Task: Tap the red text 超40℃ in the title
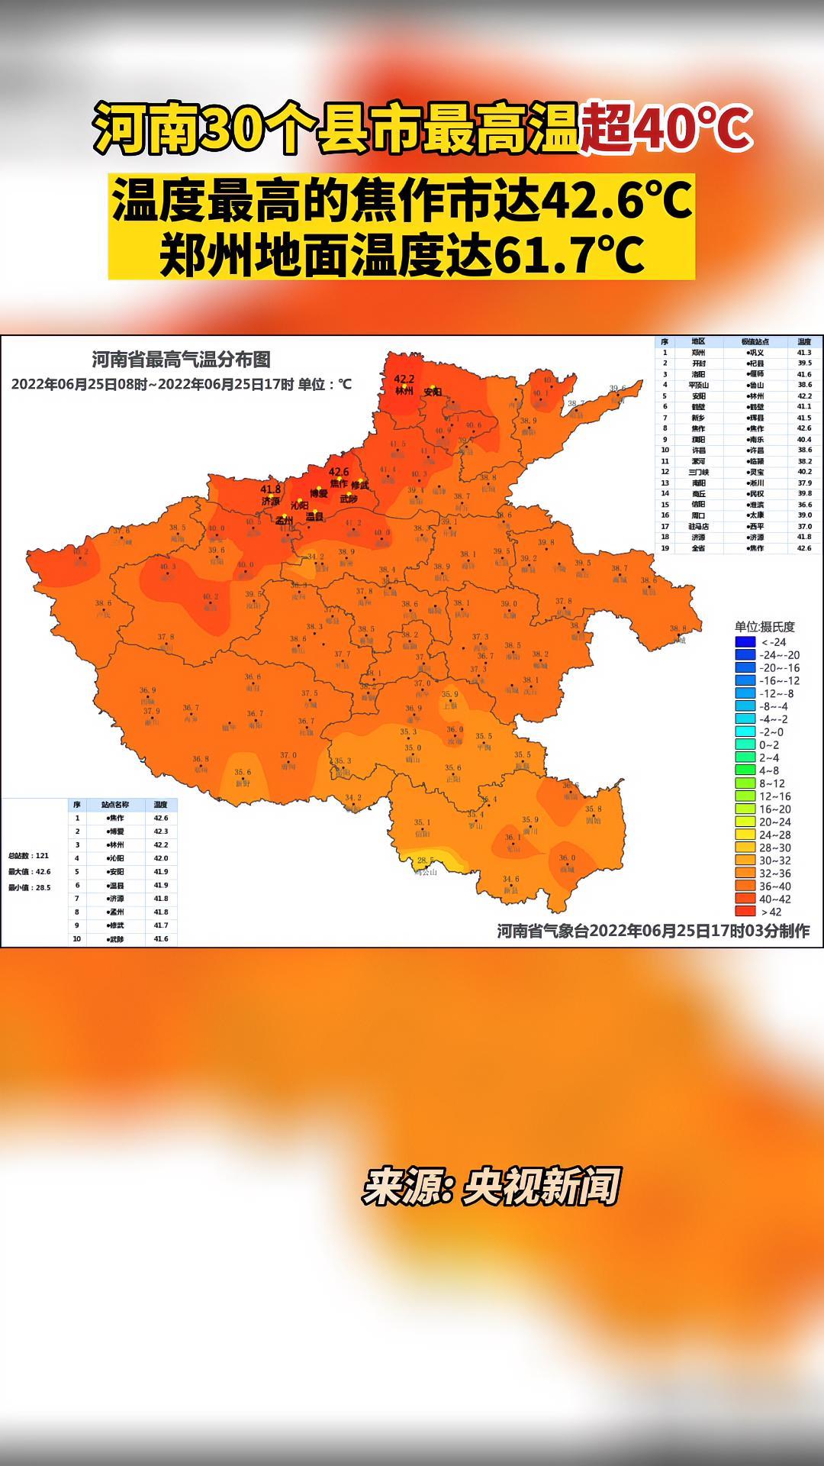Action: (666, 128)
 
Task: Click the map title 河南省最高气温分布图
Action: (181, 360)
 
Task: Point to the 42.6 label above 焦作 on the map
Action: (339, 472)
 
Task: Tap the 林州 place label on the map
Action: (404, 391)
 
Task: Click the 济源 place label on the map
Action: (271, 501)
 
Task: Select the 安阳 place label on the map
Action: (433, 392)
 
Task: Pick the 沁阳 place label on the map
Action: (299, 505)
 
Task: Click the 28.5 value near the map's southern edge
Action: (425, 860)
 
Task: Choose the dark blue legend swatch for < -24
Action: (745, 642)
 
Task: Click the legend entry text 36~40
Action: (774, 886)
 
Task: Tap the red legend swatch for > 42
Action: (745, 911)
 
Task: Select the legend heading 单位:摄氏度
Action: (764, 627)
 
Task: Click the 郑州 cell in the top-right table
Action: (698, 353)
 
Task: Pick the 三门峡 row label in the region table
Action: (698, 472)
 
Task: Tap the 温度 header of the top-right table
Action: (804, 342)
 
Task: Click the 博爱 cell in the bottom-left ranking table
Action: (116, 831)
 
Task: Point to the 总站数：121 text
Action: (29, 856)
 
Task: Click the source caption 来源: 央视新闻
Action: (491, 1186)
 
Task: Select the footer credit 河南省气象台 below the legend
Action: (542, 931)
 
